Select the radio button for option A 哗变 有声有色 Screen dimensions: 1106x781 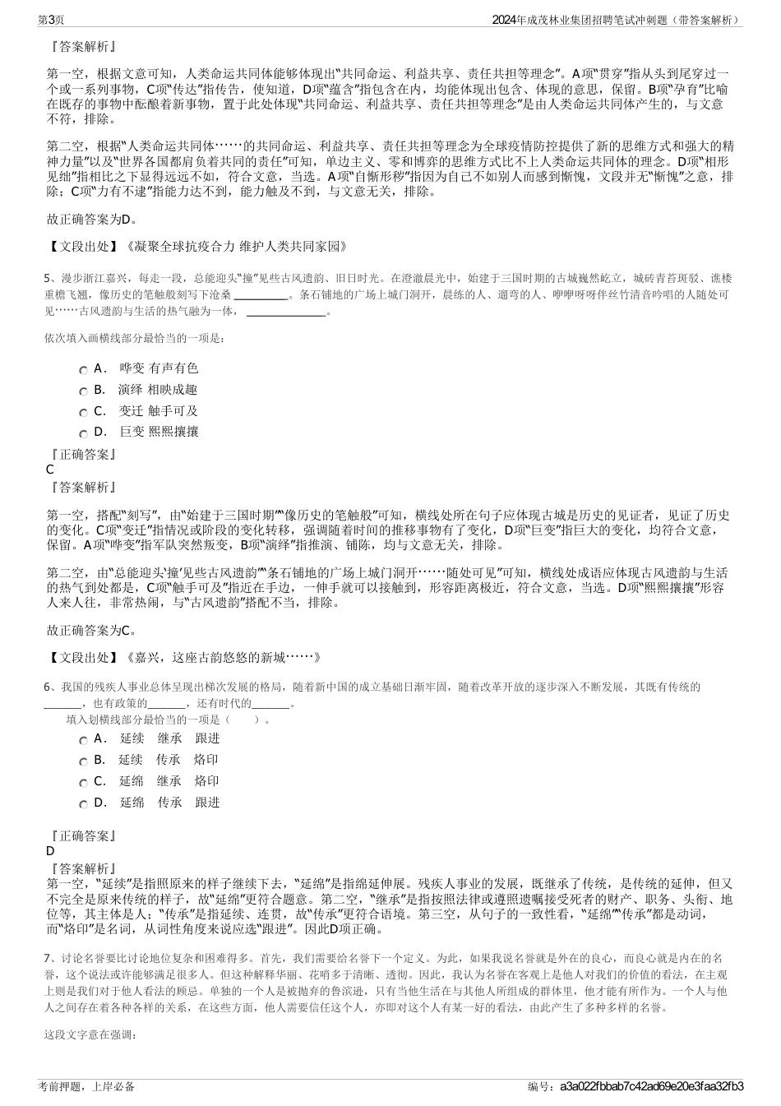(x=83, y=370)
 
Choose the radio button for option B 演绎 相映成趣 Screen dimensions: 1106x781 (x=83, y=391)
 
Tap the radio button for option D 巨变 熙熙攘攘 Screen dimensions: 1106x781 (x=83, y=433)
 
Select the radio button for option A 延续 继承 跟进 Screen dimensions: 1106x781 (x=83, y=740)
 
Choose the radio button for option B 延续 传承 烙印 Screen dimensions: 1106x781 (x=83, y=761)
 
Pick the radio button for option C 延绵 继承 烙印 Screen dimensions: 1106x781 (x=83, y=783)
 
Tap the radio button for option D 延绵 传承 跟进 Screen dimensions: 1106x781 (x=83, y=804)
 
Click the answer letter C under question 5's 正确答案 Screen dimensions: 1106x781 (x=50, y=470)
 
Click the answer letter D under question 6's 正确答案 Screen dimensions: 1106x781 (x=50, y=851)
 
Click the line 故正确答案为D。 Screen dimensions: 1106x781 (x=92, y=219)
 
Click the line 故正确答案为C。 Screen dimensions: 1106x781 (x=92, y=630)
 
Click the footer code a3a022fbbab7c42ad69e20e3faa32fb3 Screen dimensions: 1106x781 (x=650, y=1086)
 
